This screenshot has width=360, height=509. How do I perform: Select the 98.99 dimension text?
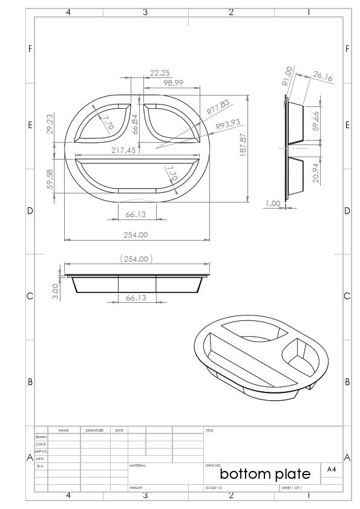pos(173,83)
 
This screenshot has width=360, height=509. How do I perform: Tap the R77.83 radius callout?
pos(218,108)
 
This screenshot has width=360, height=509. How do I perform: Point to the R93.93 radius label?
pos(228,125)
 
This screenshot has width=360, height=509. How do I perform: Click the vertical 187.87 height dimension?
pos(243,145)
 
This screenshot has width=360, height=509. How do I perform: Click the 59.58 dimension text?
pos(50,179)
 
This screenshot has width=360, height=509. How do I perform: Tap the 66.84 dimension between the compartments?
pos(135,124)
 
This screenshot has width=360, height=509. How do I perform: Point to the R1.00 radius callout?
pos(287,76)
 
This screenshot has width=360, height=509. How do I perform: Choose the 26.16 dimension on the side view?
pos(322,76)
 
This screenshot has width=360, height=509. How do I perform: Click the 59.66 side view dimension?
pos(315,122)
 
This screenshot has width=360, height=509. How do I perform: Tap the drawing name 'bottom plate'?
pos(265,473)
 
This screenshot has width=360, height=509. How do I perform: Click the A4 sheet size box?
pos(332,469)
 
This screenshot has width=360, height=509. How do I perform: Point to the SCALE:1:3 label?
pos(214,488)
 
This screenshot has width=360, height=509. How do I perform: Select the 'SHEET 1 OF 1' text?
pos(292,488)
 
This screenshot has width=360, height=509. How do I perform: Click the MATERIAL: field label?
pos(139,466)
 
